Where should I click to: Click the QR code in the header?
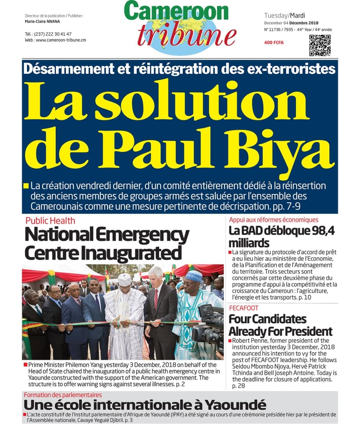tap(320, 45)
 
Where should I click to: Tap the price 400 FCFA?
tap(274, 43)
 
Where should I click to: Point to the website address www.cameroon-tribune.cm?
tap(61, 40)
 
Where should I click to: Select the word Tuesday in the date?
tap(275, 15)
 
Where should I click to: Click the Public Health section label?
tap(50, 220)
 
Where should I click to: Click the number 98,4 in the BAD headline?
tap(322, 231)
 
